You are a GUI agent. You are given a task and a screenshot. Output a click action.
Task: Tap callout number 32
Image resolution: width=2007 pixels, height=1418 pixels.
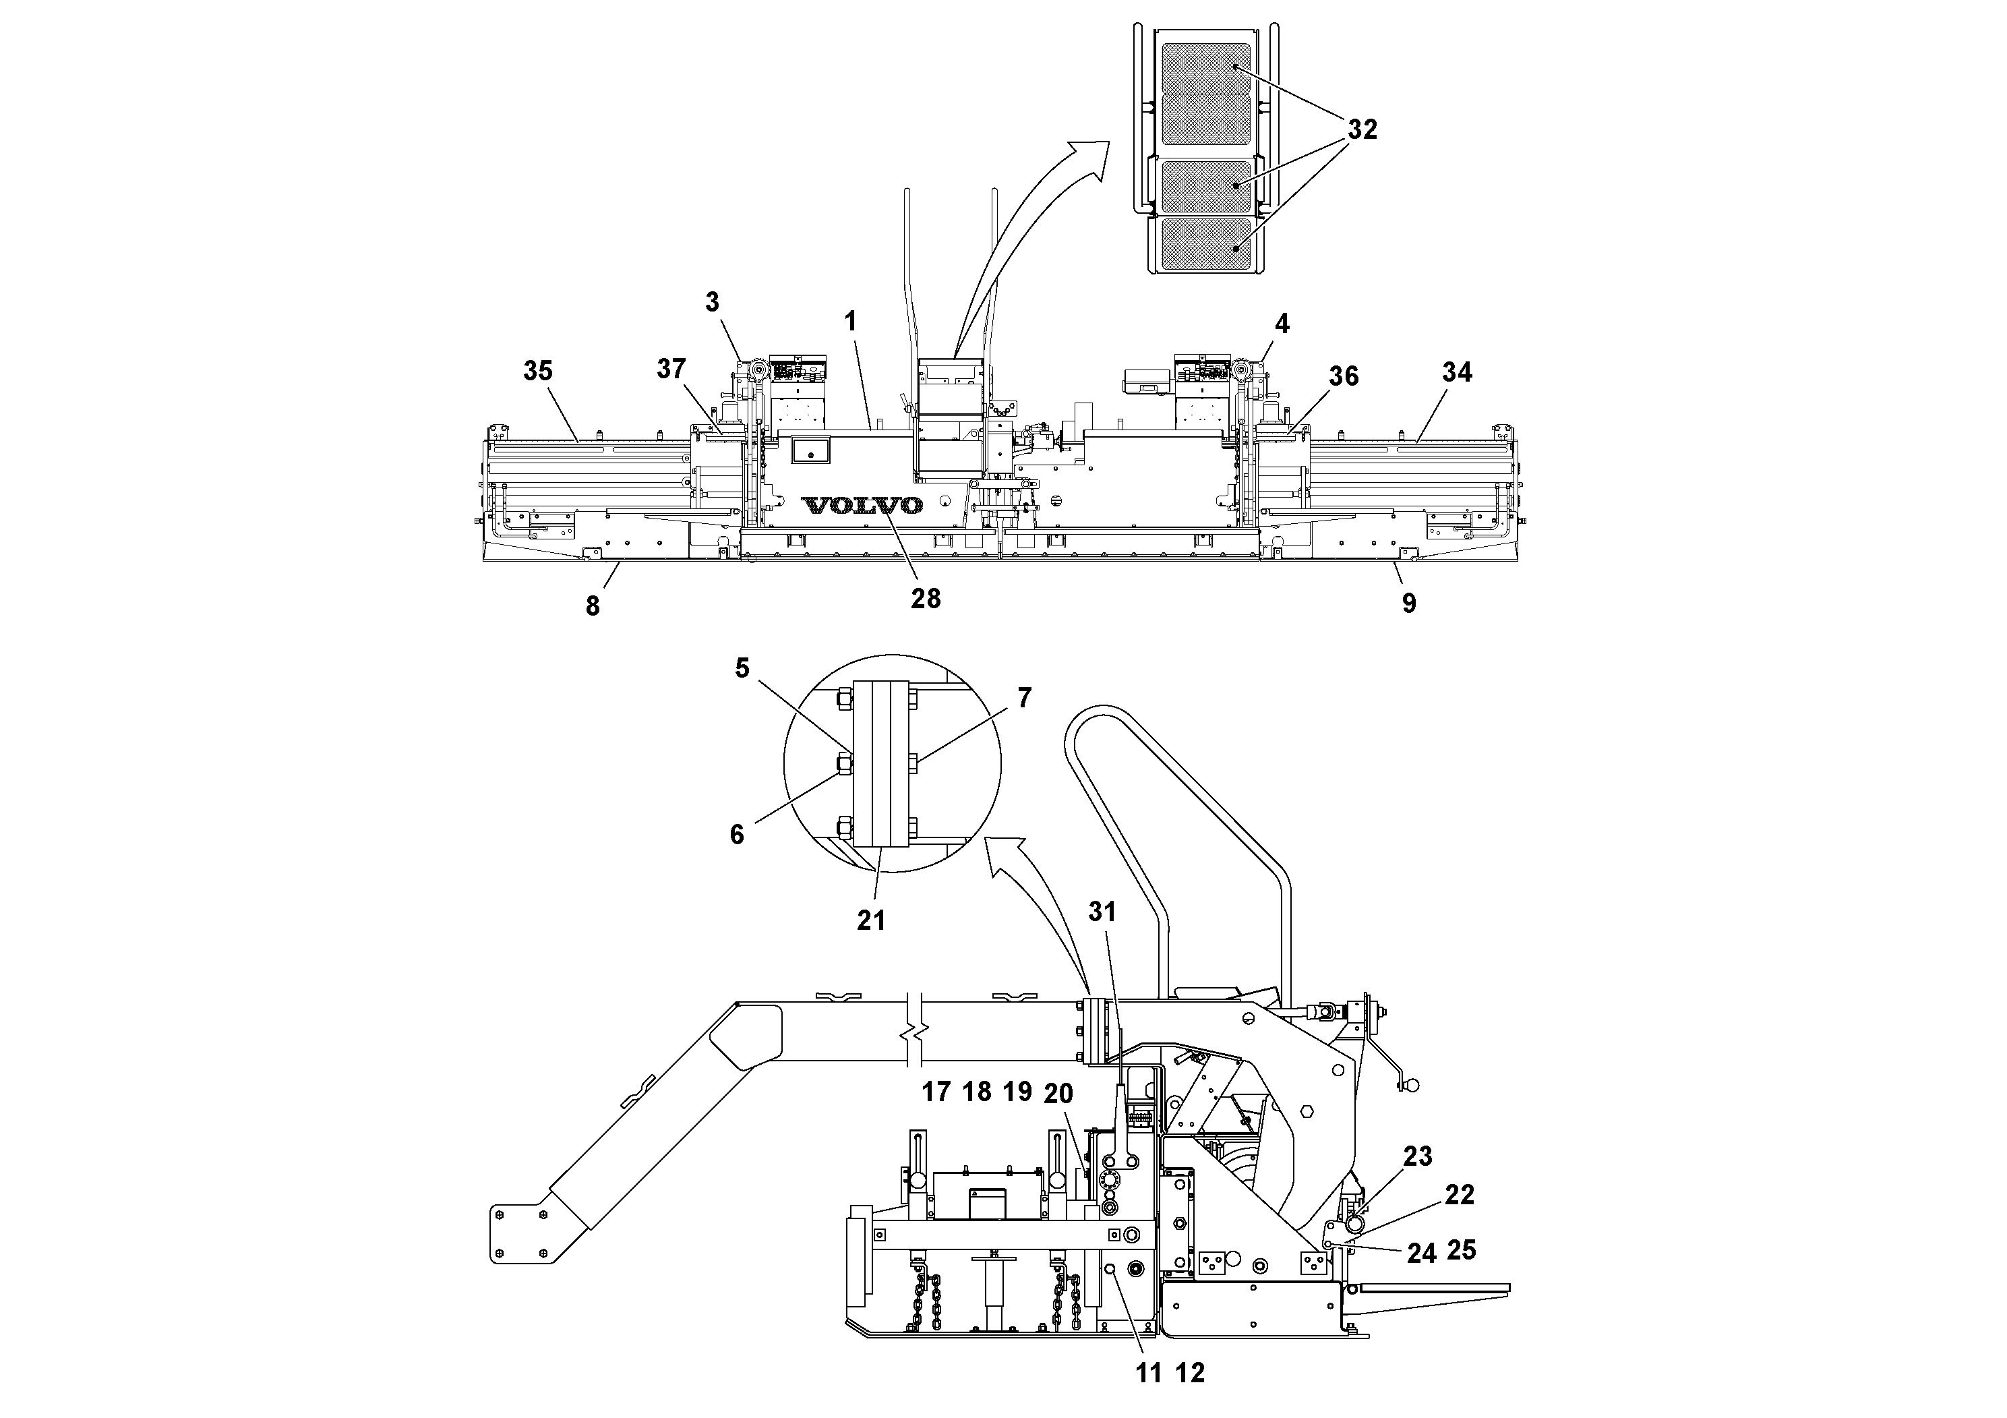tap(1362, 130)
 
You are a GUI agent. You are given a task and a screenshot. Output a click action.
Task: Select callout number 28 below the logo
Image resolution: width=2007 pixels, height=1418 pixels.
tap(926, 598)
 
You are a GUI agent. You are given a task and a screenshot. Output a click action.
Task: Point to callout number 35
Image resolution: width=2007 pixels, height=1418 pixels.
tap(537, 371)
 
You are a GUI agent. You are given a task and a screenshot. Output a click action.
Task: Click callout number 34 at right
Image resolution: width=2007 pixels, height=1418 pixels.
tap(1456, 372)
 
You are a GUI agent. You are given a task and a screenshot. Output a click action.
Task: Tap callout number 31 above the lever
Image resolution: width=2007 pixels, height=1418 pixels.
tap(1102, 912)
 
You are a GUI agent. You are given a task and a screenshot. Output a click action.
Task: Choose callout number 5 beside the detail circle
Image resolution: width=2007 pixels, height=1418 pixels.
tap(742, 669)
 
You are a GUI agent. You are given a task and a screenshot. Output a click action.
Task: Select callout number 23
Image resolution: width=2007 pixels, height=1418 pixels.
tap(1417, 1156)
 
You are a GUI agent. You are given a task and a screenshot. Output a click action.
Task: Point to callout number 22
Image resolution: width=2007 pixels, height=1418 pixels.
tap(1459, 1194)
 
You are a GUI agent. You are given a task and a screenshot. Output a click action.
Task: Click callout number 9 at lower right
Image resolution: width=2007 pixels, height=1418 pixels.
tap(1409, 603)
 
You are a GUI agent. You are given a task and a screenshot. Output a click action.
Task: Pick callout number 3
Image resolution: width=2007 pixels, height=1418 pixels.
tap(713, 303)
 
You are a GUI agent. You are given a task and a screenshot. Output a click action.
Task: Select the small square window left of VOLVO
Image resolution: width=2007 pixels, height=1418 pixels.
tap(810, 451)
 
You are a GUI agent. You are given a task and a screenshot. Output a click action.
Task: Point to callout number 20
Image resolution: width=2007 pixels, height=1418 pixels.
tap(1058, 1093)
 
